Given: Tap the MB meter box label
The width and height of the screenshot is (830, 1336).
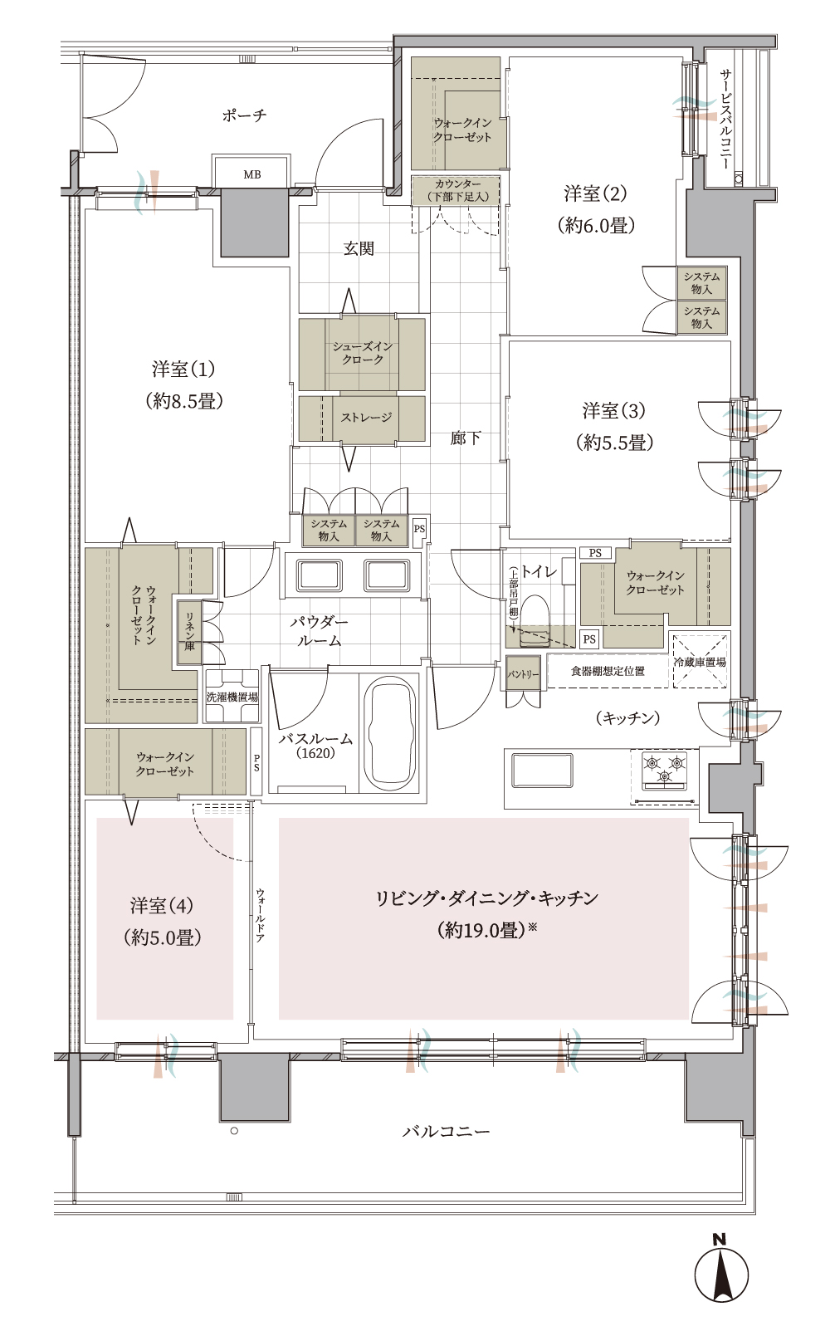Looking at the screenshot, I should point(251,174).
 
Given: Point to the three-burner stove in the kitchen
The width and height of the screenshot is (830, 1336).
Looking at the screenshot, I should point(664,769).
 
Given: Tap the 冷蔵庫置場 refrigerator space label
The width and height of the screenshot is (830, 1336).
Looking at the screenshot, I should point(700,662).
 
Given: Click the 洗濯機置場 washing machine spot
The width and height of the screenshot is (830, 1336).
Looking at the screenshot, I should point(232,697).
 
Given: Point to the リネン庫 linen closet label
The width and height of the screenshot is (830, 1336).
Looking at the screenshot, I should point(189,631).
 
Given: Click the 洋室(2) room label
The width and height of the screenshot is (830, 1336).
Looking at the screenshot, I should point(596,193).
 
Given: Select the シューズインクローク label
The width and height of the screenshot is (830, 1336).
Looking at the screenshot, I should point(363,353).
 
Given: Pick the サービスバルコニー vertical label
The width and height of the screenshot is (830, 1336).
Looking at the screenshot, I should point(725,119).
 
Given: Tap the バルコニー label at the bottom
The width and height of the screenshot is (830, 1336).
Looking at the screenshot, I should point(447,1131).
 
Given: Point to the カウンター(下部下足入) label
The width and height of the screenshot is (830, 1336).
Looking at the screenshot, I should point(457,190).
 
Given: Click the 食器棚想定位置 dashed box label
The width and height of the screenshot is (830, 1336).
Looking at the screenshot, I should point(608,671).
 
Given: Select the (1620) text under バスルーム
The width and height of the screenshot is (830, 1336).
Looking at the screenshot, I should point(315,754).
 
